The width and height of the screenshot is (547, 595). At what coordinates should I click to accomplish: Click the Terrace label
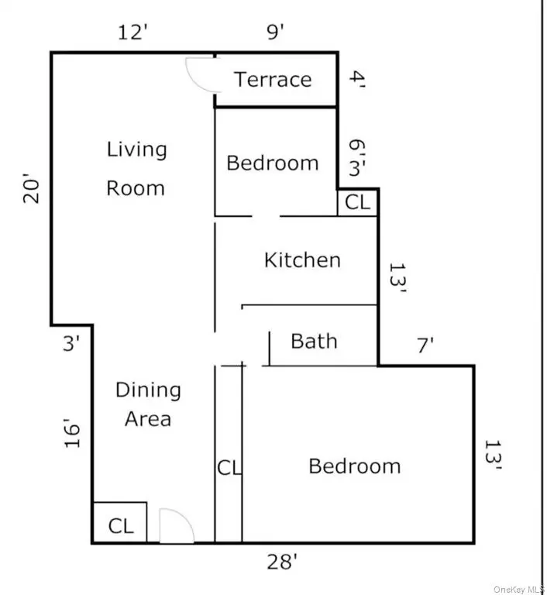coord(273,80)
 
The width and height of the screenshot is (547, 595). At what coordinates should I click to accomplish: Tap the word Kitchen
coord(302,260)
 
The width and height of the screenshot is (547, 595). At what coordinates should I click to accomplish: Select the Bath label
coord(314,341)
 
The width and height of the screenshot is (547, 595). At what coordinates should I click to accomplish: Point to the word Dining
coord(148,390)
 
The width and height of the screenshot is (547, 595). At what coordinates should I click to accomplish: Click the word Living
coord(136,149)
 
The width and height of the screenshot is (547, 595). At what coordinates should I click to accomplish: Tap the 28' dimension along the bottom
coord(282,562)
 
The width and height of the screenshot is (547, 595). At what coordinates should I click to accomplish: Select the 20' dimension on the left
coord(31,188)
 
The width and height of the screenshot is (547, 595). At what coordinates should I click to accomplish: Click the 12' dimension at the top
coord(132,32)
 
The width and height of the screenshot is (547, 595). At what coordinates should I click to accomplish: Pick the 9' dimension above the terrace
coord(275,32)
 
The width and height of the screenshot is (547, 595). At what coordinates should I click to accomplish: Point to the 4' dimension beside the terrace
coord(357,79)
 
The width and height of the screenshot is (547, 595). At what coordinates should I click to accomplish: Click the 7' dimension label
coord(425,346)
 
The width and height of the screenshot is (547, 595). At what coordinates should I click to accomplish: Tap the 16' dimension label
coord(72,433)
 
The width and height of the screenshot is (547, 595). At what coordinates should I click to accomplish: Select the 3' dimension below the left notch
coord(71,343)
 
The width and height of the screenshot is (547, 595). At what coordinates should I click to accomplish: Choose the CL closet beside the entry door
coord(121,526)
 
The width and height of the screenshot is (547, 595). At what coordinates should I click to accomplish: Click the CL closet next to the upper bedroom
coord(357,202)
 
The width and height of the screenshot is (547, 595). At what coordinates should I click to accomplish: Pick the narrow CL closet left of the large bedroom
coord(229,467)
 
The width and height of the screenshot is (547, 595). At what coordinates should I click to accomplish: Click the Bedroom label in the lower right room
coord(355,466)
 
